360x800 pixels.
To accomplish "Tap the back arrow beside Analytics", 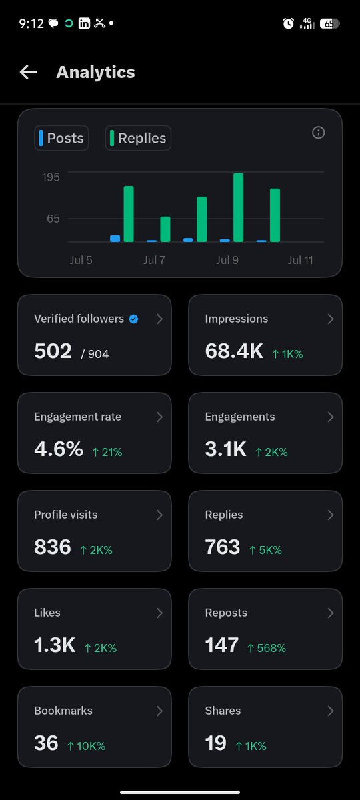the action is click(29, 72).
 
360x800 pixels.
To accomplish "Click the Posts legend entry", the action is click(61, 138).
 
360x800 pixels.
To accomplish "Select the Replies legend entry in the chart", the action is click(138, 138).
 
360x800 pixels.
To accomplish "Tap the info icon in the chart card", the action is click(318, 133).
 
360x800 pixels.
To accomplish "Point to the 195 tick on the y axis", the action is click(51, 177).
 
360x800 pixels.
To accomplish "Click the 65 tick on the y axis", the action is click(53, 219).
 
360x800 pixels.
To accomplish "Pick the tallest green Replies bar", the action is click(238, 207).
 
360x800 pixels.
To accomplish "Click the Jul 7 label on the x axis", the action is click(154, 260).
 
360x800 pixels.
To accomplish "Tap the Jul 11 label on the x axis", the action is click(301, 260).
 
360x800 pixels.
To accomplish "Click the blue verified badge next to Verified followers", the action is click(133, 319).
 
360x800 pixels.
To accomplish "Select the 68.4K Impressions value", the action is click(234, 351).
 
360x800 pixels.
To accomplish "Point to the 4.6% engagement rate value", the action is click(59, 449).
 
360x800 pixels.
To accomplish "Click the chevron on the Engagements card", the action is click(331, 417).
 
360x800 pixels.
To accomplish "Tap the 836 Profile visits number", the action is click(53, 547).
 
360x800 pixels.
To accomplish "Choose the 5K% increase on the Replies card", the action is click(265, 550).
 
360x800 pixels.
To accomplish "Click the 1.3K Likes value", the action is click(55, 645).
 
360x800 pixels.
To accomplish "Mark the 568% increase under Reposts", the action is click(267, 648).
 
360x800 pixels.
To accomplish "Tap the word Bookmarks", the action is click(63, 711).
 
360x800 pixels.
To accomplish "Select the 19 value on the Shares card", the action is click(215, 743).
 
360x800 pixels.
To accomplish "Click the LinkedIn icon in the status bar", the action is click(84, 23).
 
